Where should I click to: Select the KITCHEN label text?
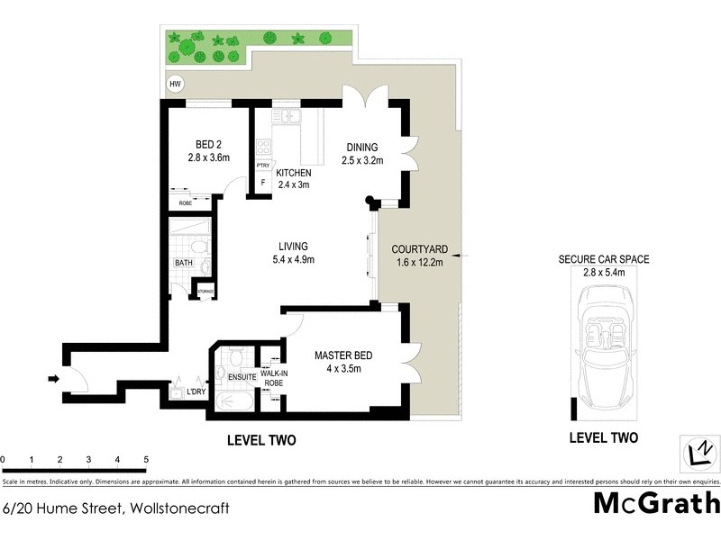[x=294, y=173]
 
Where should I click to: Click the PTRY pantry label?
[x=263, y=166]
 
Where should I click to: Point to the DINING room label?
[x=362, y=148]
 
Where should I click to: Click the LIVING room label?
[x=293, y=246]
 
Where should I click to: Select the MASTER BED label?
[x=344, y=355]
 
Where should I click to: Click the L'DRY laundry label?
[x=196, y=391]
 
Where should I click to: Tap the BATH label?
[x=184, y=263]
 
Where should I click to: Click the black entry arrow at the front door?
[x=53, y=379]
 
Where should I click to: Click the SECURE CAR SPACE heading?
[x=603, y=259]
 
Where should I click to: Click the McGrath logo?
[x=656, y=502]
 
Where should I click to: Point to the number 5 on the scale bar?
[x=146, y=460]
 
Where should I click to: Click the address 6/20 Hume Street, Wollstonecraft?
[x=116, y=508]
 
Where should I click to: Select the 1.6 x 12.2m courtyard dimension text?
[x=419, y=263]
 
